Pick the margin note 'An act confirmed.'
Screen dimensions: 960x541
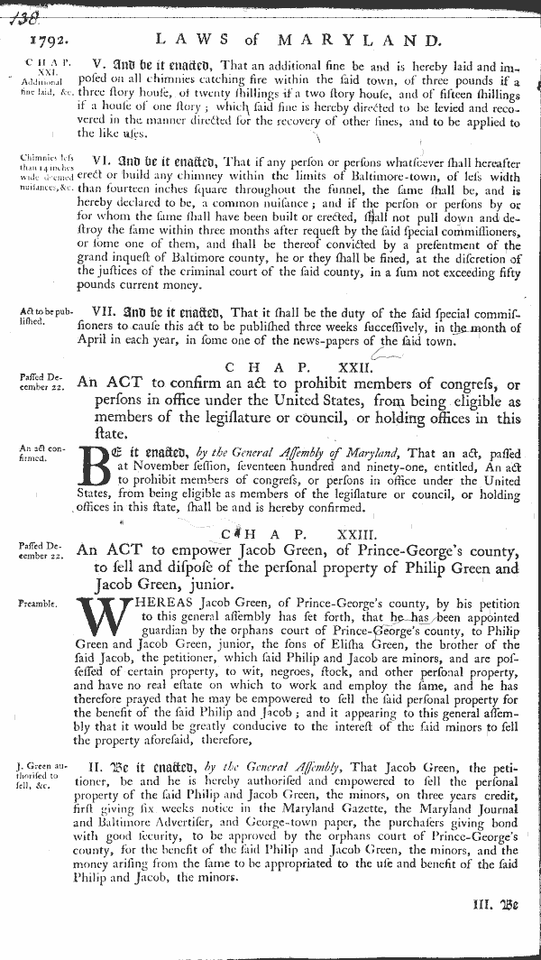click(37, 452)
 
